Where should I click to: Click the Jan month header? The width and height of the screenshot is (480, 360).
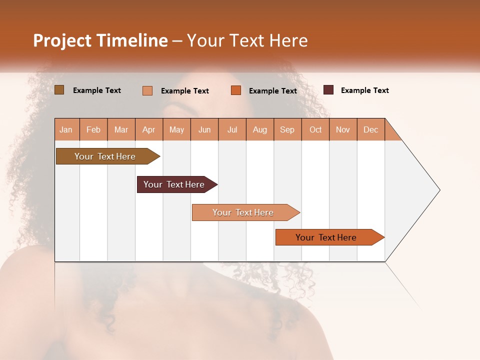[x=66, y=129]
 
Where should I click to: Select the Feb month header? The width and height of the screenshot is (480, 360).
[x=93, y=129]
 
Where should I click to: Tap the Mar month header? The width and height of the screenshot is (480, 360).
[x=121, y=129]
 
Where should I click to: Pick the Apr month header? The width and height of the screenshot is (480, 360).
[x=149, y=129]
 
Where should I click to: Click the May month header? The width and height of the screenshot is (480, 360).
[x=176, y=129]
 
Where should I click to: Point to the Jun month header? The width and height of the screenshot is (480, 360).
[x=204, y=129]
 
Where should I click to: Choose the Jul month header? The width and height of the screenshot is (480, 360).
[x=232, y=129]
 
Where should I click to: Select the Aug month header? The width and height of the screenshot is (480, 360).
[x=260, y=129]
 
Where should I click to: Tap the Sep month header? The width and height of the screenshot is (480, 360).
[x=287, y=129]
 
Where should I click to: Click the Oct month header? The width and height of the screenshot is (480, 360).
[x=315, y=129]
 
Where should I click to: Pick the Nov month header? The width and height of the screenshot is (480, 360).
[x=343, y=129]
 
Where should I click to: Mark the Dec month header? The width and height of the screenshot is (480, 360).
[x=371, y=129]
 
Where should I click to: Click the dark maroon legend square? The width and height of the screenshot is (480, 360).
[x=328, y=90]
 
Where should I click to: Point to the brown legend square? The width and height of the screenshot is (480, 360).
[x=59, y=90]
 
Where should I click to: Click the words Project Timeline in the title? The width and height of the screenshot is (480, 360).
[x=100, y=40]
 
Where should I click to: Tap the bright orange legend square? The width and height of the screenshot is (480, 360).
[x=236, y=90]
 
